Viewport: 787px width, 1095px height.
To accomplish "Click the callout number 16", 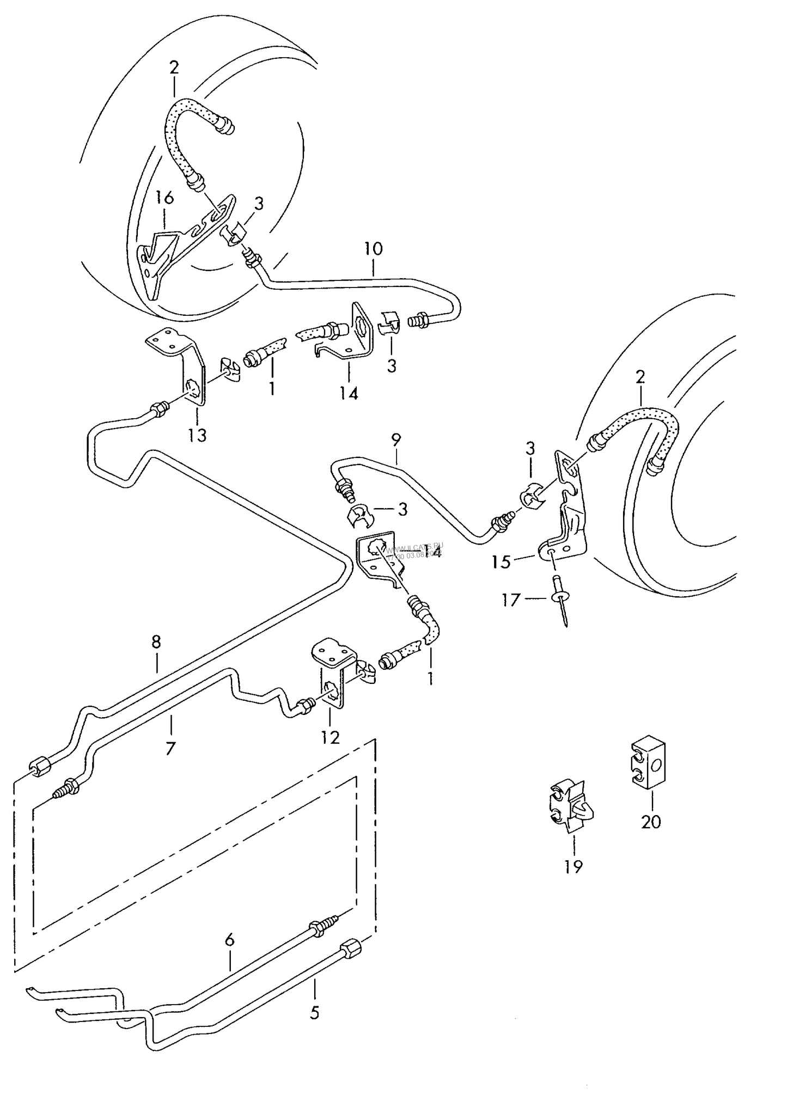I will point(164,198).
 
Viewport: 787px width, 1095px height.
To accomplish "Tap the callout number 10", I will point(374,249).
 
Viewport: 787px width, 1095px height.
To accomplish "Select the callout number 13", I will point(197,435).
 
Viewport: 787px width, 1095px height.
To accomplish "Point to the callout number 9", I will point(396,439).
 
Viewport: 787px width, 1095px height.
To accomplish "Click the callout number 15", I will point(501,561).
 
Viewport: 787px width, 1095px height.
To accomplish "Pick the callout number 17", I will point(511,601).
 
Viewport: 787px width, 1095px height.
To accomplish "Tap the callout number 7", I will point(170,749).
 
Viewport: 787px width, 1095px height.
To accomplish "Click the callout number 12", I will point(331,737).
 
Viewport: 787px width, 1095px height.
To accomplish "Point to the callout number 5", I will point(314,1013).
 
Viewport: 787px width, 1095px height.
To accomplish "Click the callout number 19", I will point(574,866).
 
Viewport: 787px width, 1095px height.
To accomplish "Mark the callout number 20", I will point(651,821).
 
